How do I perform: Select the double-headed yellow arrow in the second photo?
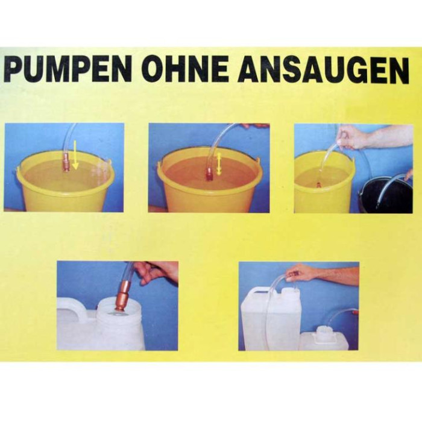click(x=219, y=163)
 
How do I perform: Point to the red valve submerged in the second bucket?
click(x=209, y=174)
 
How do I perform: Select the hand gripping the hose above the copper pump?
click(x=156, y=272)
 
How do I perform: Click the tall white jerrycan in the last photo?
click(x=271, y=318)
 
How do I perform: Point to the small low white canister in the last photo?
click(x=324, y=339)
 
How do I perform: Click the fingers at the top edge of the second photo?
click(x=254, y=125)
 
